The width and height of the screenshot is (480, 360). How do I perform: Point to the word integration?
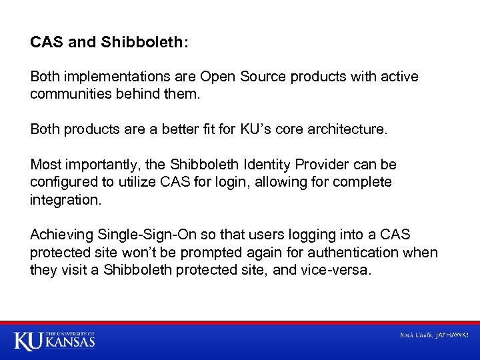(65, 199)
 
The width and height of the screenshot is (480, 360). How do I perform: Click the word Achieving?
(62, 235)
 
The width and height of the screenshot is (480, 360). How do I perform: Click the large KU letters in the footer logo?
(29, 341)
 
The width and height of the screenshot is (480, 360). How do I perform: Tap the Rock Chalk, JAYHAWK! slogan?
(434, 335)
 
